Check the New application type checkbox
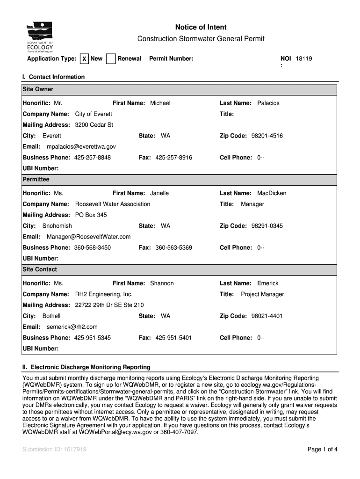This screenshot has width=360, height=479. tap(84, 59)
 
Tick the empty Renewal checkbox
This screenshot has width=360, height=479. tap(111, 59)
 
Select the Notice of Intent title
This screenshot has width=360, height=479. tap(201, 28)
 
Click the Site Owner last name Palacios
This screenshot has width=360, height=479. tap(268, 103)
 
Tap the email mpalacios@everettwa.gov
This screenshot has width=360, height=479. tap(81, 147)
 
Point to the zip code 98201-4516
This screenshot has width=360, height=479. tap(267, 136)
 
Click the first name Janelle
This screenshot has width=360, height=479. tap(159, 193)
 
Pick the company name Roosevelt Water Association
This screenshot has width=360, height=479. tap(113, 204)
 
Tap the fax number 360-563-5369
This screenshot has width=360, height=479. tap(173, 247)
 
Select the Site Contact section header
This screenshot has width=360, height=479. tap(40, 269)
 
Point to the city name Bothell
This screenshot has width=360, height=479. tap(51, 316)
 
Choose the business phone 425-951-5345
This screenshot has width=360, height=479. tap(93, 338)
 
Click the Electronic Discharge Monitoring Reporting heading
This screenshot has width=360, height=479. tap(86, 367)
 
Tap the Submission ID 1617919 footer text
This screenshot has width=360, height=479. tap(54, 450)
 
